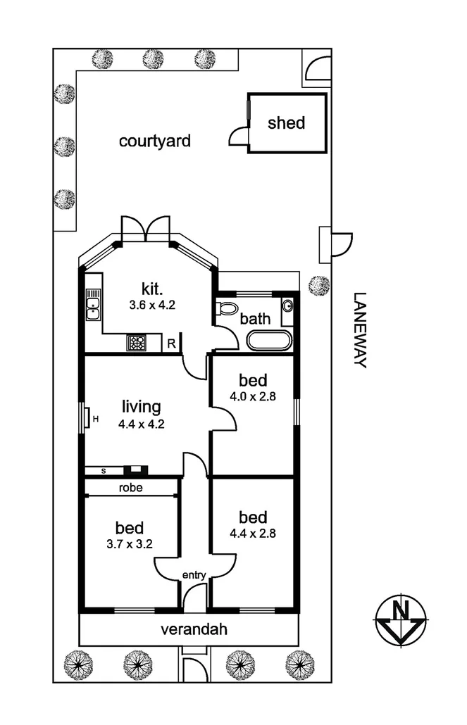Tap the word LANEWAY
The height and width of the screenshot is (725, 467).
tap(361, 330)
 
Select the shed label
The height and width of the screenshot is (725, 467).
tap(287, 123)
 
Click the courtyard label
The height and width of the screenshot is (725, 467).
tap(155, 141)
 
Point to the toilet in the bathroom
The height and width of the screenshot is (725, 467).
tap(228, 309)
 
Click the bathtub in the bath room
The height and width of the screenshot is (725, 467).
tap(269, 341)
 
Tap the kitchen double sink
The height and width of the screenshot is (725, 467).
tap(93, 305)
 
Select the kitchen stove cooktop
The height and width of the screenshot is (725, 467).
tap(137, 343)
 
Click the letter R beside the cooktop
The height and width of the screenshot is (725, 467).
tap(171, 344)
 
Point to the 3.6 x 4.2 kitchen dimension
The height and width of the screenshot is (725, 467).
tap(151, 305)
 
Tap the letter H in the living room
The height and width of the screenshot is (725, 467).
tap(95, 420)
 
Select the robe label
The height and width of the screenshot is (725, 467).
tap(131, 487)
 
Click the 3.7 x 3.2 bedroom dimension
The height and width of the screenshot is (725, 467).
tap(130, 544)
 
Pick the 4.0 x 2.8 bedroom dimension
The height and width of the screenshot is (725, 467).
tap(252, 396)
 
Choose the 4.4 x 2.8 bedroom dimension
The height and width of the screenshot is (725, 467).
tap(252, 533)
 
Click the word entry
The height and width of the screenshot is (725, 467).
tap(194, 575)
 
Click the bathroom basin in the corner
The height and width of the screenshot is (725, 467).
tap(287, 305)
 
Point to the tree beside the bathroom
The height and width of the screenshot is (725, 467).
tap(319, 284)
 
